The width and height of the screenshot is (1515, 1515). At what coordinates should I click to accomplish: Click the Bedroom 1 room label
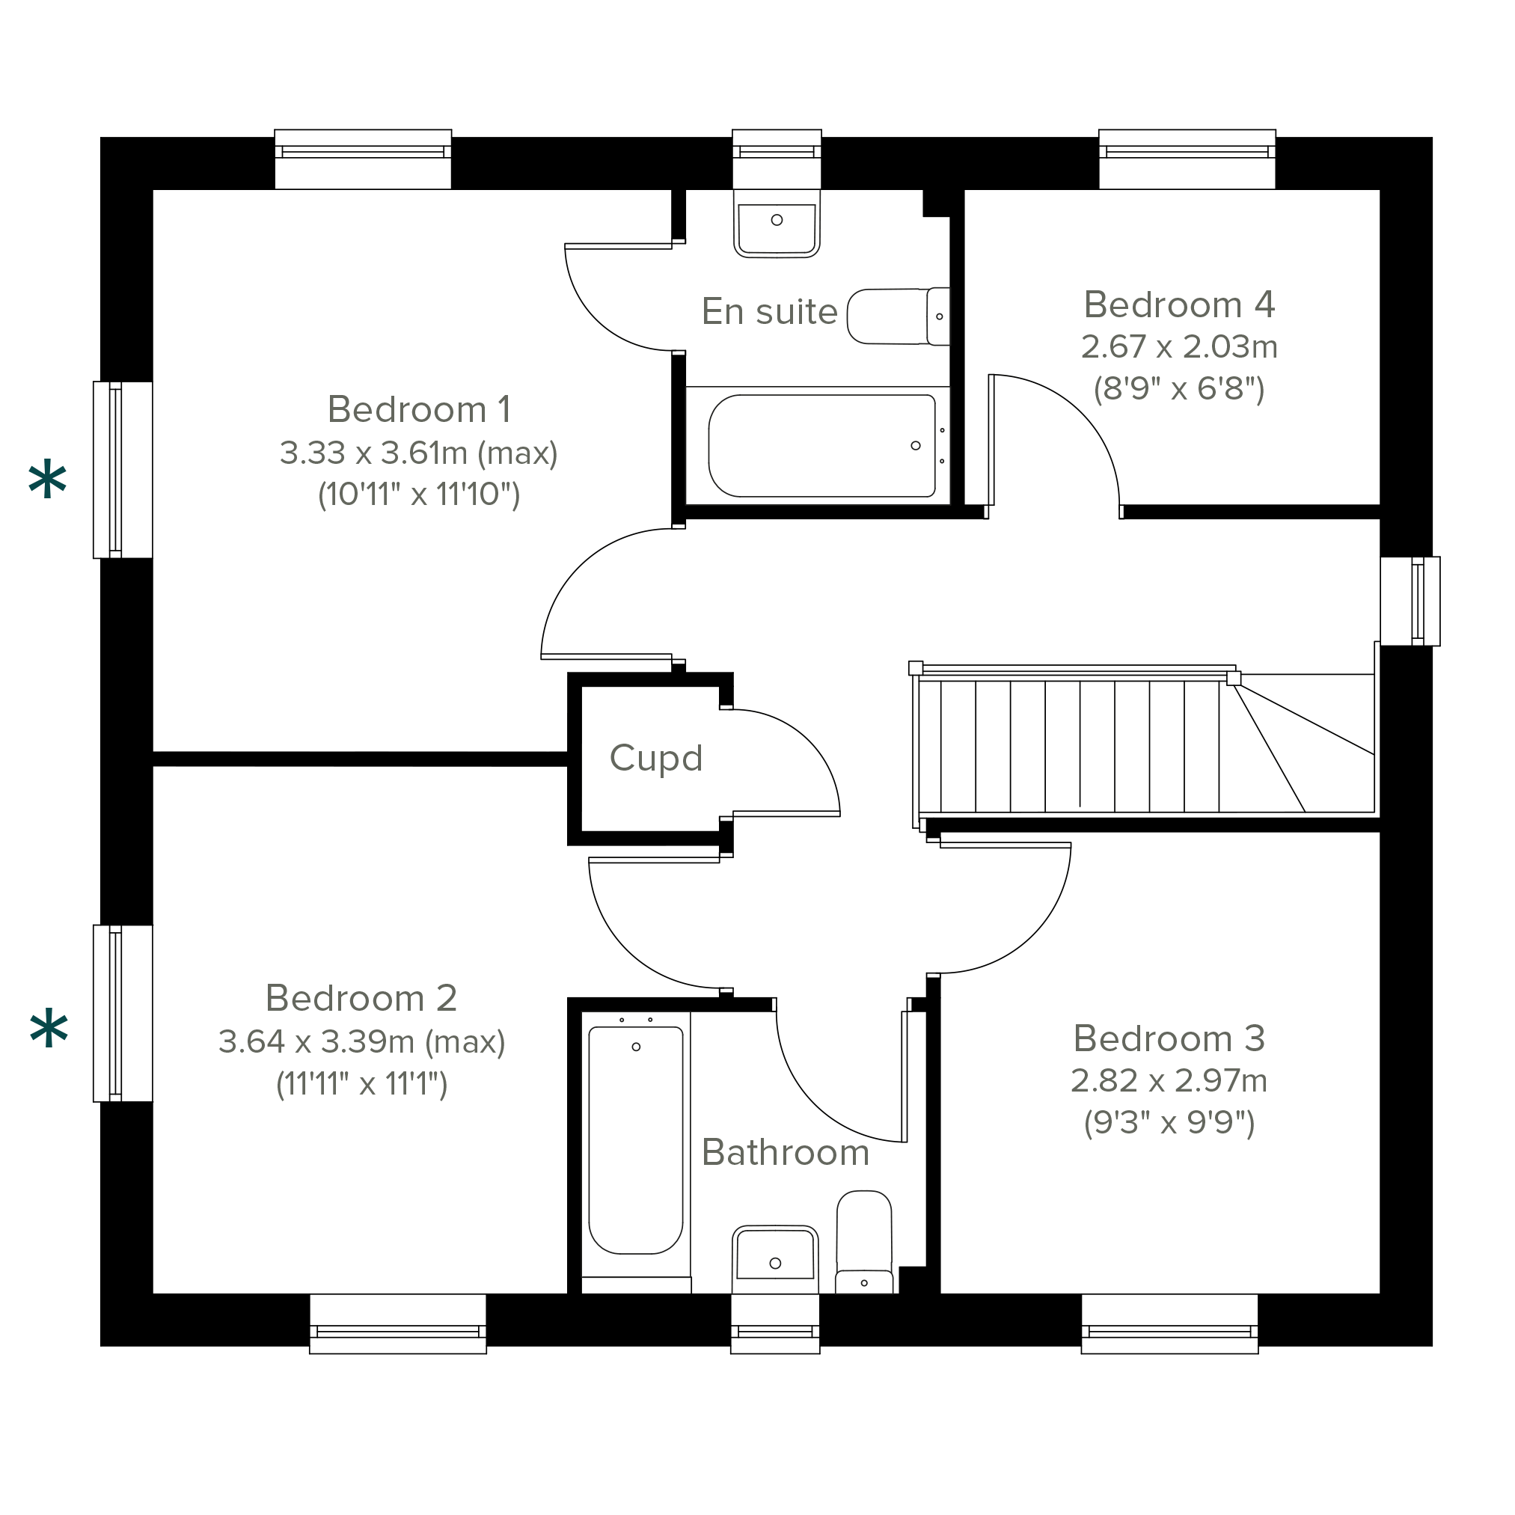pos(419,409)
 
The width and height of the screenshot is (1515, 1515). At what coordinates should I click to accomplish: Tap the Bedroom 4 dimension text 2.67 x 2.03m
pos(1178,346)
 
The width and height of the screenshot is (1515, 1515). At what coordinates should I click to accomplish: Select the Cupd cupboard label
pos(655,759)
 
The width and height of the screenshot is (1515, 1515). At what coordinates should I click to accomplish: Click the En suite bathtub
pos(821,445)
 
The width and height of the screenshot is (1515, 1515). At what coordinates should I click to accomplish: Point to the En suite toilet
pos(899,316)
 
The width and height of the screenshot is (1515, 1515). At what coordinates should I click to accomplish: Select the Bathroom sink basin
pos(775,1258)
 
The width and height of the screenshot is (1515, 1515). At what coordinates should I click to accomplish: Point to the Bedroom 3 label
pos(1169,1039)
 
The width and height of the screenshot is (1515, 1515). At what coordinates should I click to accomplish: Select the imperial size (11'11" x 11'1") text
pos(361,1085)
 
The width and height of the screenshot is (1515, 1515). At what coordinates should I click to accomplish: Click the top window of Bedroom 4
pos(1187,159)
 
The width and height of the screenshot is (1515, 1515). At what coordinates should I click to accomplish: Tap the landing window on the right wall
pos(1410,602)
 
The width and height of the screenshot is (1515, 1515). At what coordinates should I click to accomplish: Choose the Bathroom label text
pos(785,1153)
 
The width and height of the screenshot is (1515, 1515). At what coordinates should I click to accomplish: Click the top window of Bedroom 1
pos(363,159)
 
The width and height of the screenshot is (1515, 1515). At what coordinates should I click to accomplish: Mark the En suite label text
pos(769,311)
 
